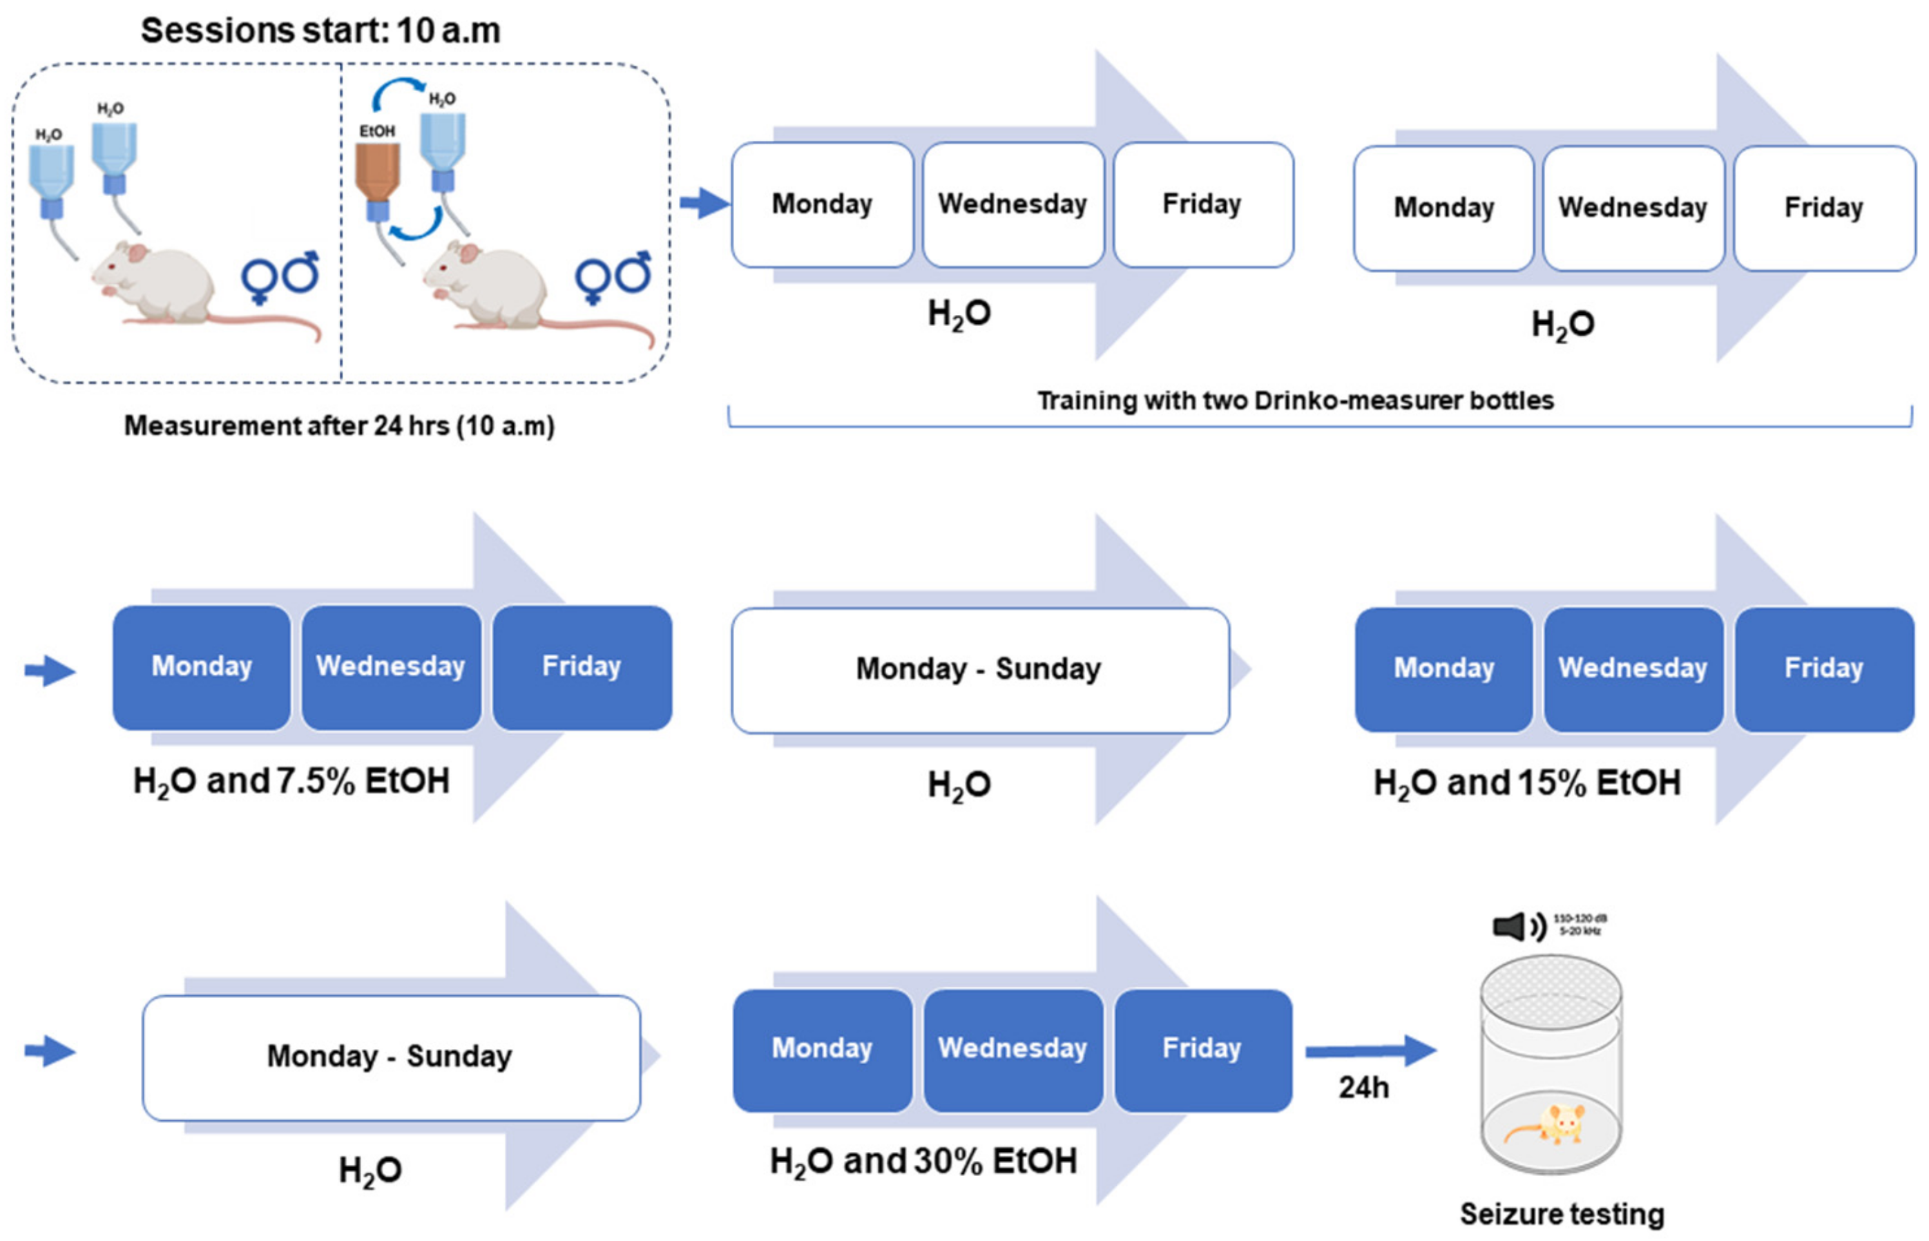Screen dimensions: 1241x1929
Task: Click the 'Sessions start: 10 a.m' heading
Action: (320, 30)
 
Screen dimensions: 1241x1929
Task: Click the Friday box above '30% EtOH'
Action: (1202, 1049)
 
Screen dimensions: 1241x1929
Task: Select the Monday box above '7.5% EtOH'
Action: (202, 667)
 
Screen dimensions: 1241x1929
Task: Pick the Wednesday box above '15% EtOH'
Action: (1633, 669)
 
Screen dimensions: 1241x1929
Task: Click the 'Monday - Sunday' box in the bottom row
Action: (391, 1057)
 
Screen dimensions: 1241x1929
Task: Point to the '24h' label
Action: (1363, 1088)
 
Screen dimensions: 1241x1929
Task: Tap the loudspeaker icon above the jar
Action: (1511, 926)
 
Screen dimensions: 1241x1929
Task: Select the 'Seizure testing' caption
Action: (1562, 1213)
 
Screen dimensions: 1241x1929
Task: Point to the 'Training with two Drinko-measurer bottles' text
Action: (1295, 401)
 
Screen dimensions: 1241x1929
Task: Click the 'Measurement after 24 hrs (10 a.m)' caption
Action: (339, 425)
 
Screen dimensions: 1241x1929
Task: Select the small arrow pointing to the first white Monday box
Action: (702, 203)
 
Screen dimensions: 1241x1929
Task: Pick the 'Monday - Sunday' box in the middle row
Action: (979, 669)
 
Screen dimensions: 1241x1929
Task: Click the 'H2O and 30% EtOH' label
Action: (923, 1161)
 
